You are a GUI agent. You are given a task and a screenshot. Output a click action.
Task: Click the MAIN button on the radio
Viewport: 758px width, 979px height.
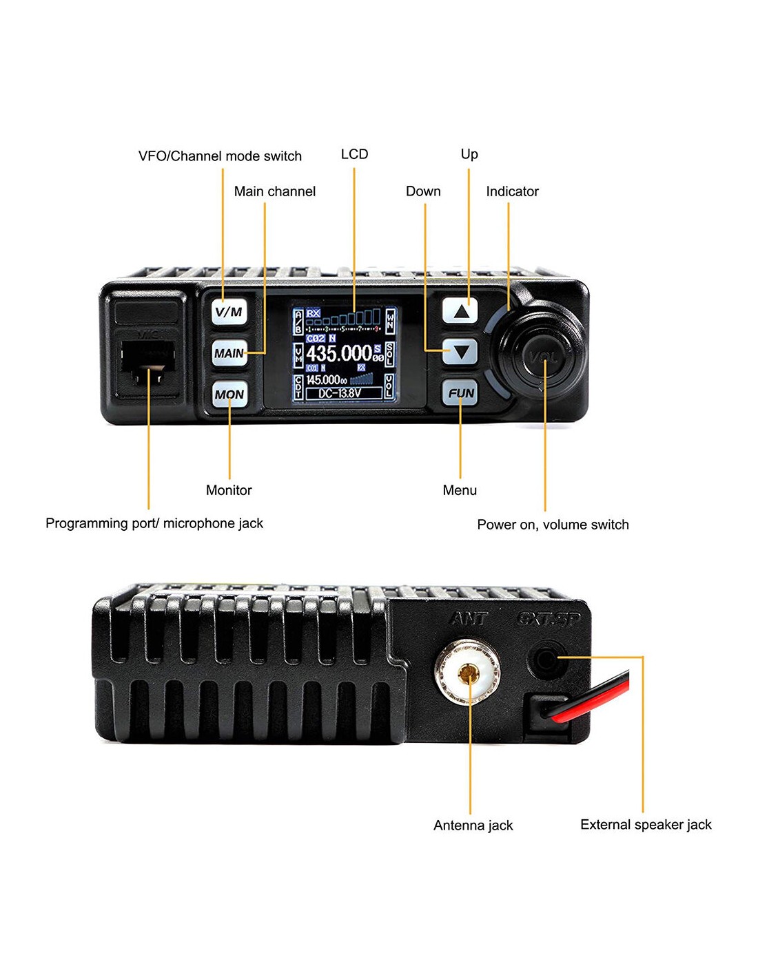pos(229,353)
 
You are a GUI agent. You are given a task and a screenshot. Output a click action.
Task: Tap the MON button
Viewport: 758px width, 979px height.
pos(229,394)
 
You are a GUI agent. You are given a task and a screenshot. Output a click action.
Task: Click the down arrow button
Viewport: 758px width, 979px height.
pos(461,352)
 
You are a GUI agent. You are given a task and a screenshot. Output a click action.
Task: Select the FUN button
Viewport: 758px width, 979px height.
pos(461,393)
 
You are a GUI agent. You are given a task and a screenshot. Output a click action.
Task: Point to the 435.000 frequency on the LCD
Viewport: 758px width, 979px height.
pos(339,353)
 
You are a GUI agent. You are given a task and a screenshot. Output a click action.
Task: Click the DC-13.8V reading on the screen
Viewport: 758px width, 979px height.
pos(339,393)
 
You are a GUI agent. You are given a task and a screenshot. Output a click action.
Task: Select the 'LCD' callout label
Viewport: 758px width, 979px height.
pos(354,154)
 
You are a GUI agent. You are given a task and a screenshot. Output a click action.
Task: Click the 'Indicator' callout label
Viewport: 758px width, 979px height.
pos(512,191)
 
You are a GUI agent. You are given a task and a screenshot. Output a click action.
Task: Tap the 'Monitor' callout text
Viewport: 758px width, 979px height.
pos(229,490)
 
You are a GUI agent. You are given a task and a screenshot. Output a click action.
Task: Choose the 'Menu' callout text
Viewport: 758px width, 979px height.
pos(460,490)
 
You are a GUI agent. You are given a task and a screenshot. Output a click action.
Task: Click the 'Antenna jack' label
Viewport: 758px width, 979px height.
pos(473,825)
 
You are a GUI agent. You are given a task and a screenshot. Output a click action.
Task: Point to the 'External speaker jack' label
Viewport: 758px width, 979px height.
pos(646,825)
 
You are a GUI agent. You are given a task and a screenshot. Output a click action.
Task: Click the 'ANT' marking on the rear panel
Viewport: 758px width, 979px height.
pos(469,619)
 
